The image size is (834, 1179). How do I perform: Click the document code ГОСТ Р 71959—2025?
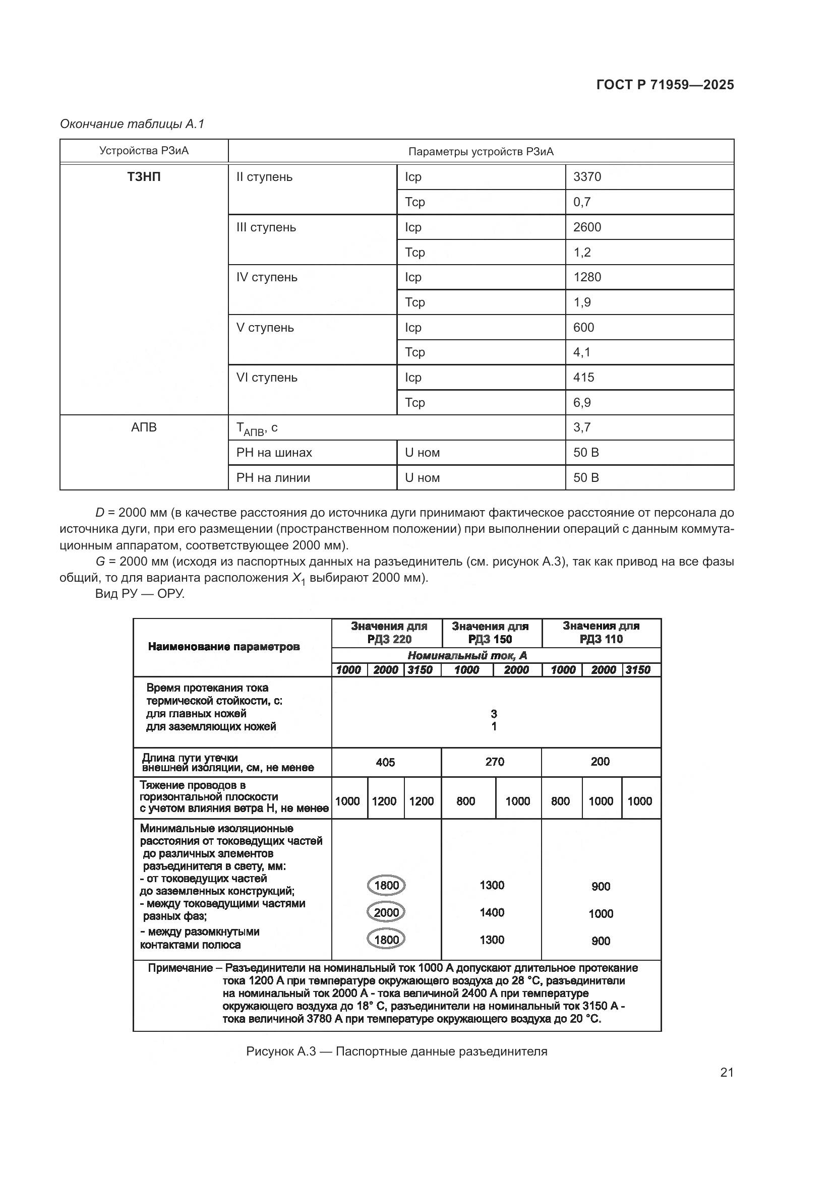665,85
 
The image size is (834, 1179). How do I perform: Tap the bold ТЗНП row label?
144,176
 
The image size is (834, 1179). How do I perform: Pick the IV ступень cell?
267,277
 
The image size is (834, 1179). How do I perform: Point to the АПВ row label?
144,427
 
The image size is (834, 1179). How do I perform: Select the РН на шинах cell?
274,452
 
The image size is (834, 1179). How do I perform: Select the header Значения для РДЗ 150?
491,632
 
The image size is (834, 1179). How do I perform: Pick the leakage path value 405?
385,762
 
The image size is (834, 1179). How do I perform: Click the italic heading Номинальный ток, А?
467,655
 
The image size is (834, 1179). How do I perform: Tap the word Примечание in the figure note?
180,968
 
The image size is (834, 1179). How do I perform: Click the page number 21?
727,1072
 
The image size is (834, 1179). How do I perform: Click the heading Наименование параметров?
223,647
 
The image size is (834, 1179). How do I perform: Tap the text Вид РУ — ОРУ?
140,594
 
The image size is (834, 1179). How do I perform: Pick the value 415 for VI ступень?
583,378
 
